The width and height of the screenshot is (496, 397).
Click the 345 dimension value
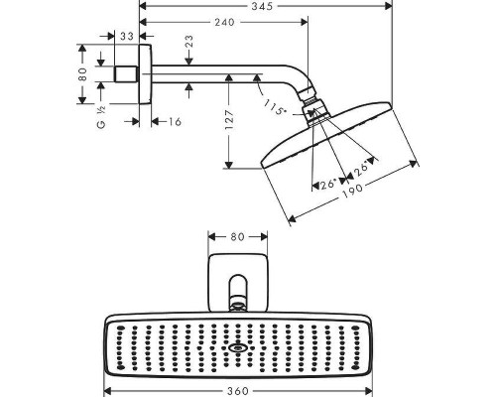point(262,6)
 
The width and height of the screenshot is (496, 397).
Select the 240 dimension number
point(224,22)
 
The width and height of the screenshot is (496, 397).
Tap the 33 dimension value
point(127,36)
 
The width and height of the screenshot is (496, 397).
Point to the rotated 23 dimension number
point(188,42)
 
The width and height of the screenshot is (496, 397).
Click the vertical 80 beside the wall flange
point(82,74)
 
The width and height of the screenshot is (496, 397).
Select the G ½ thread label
point(101,116)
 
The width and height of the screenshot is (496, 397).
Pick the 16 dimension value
point(175,122)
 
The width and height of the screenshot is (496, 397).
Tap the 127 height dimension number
point(229,120)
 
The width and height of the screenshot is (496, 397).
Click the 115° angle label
point(275,107)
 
